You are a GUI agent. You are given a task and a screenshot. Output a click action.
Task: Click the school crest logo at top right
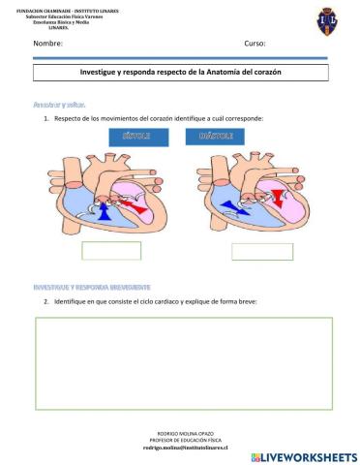tap(328, 20)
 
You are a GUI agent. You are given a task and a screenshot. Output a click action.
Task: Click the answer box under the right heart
tap(261, 251)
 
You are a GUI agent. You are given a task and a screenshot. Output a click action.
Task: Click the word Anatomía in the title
tap(238, 73)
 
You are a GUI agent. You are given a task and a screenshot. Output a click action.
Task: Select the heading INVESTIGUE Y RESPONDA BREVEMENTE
tap(92, 288)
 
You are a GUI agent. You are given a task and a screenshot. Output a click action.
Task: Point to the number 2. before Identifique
tap(46, 301)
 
